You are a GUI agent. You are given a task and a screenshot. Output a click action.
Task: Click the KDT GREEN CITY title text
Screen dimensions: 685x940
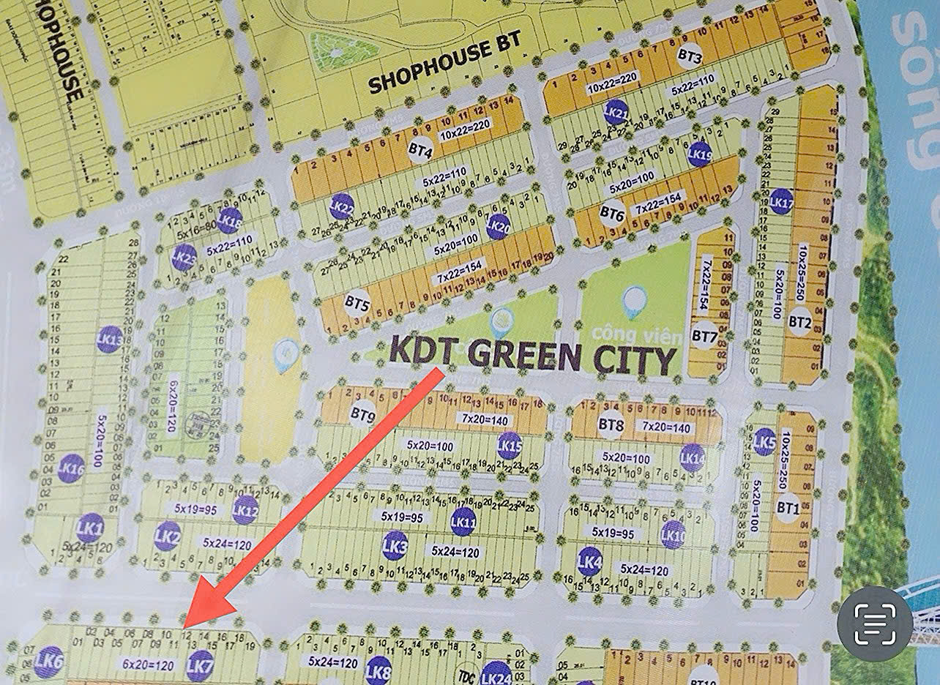pyautogui.click(x=532, y=355)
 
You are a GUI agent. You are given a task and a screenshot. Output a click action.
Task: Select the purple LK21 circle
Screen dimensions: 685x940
pyautogui.click(x=616, y=112)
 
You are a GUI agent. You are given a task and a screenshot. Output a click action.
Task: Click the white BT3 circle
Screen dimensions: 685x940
pyautogui.click(x=690, y=56)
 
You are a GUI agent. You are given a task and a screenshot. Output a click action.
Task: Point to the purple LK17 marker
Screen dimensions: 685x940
pyautogui.click(x=781, y=201)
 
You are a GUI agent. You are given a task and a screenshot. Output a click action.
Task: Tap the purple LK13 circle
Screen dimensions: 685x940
pyautogui.click(x=110, y=339)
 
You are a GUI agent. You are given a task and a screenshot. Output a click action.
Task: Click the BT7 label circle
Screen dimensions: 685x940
pyautogui.click(x=704, y=336)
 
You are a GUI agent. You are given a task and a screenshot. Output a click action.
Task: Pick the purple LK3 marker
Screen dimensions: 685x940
pyautogui.click(x=395, y=545)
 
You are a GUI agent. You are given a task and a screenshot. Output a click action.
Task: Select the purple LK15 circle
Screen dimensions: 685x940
pyautogui.click(x=509, y=445)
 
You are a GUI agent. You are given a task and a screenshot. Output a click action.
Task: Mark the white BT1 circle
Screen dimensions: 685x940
pyautogui.click(x=788, y=506)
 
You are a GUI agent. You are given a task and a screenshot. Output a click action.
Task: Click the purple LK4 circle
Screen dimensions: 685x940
pyautogui.click(x=589, y=561)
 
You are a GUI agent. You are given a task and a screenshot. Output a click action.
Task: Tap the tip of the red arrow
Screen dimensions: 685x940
pyautogui.click(x=186, y=626)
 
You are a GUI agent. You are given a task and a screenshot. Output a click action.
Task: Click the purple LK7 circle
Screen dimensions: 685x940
pyautogui.click(x=199, y=666)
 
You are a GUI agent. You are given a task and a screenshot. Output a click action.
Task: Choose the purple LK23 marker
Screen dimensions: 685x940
pyautogui.click(x=184, y=257)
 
